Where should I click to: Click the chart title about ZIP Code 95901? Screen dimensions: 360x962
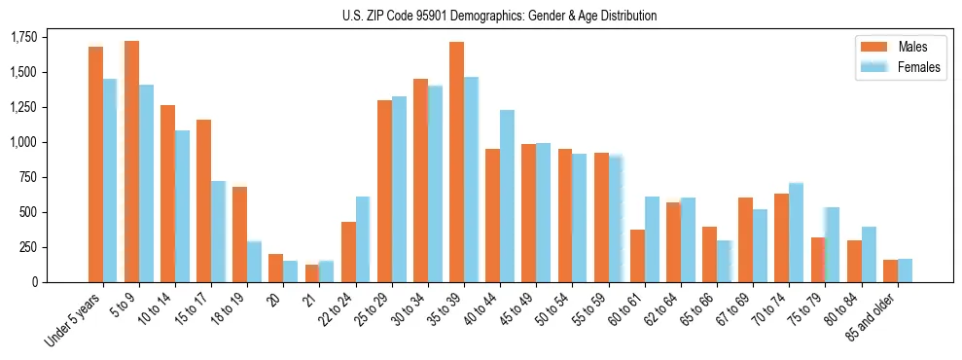click(499, 16)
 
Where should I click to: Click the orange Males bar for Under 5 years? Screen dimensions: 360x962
click(95, 164)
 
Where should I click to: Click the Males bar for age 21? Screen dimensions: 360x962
click(312, 273)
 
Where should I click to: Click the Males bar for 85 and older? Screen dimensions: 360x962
click(890, 270)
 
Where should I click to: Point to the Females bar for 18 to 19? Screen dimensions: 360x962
click(254, 262)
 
